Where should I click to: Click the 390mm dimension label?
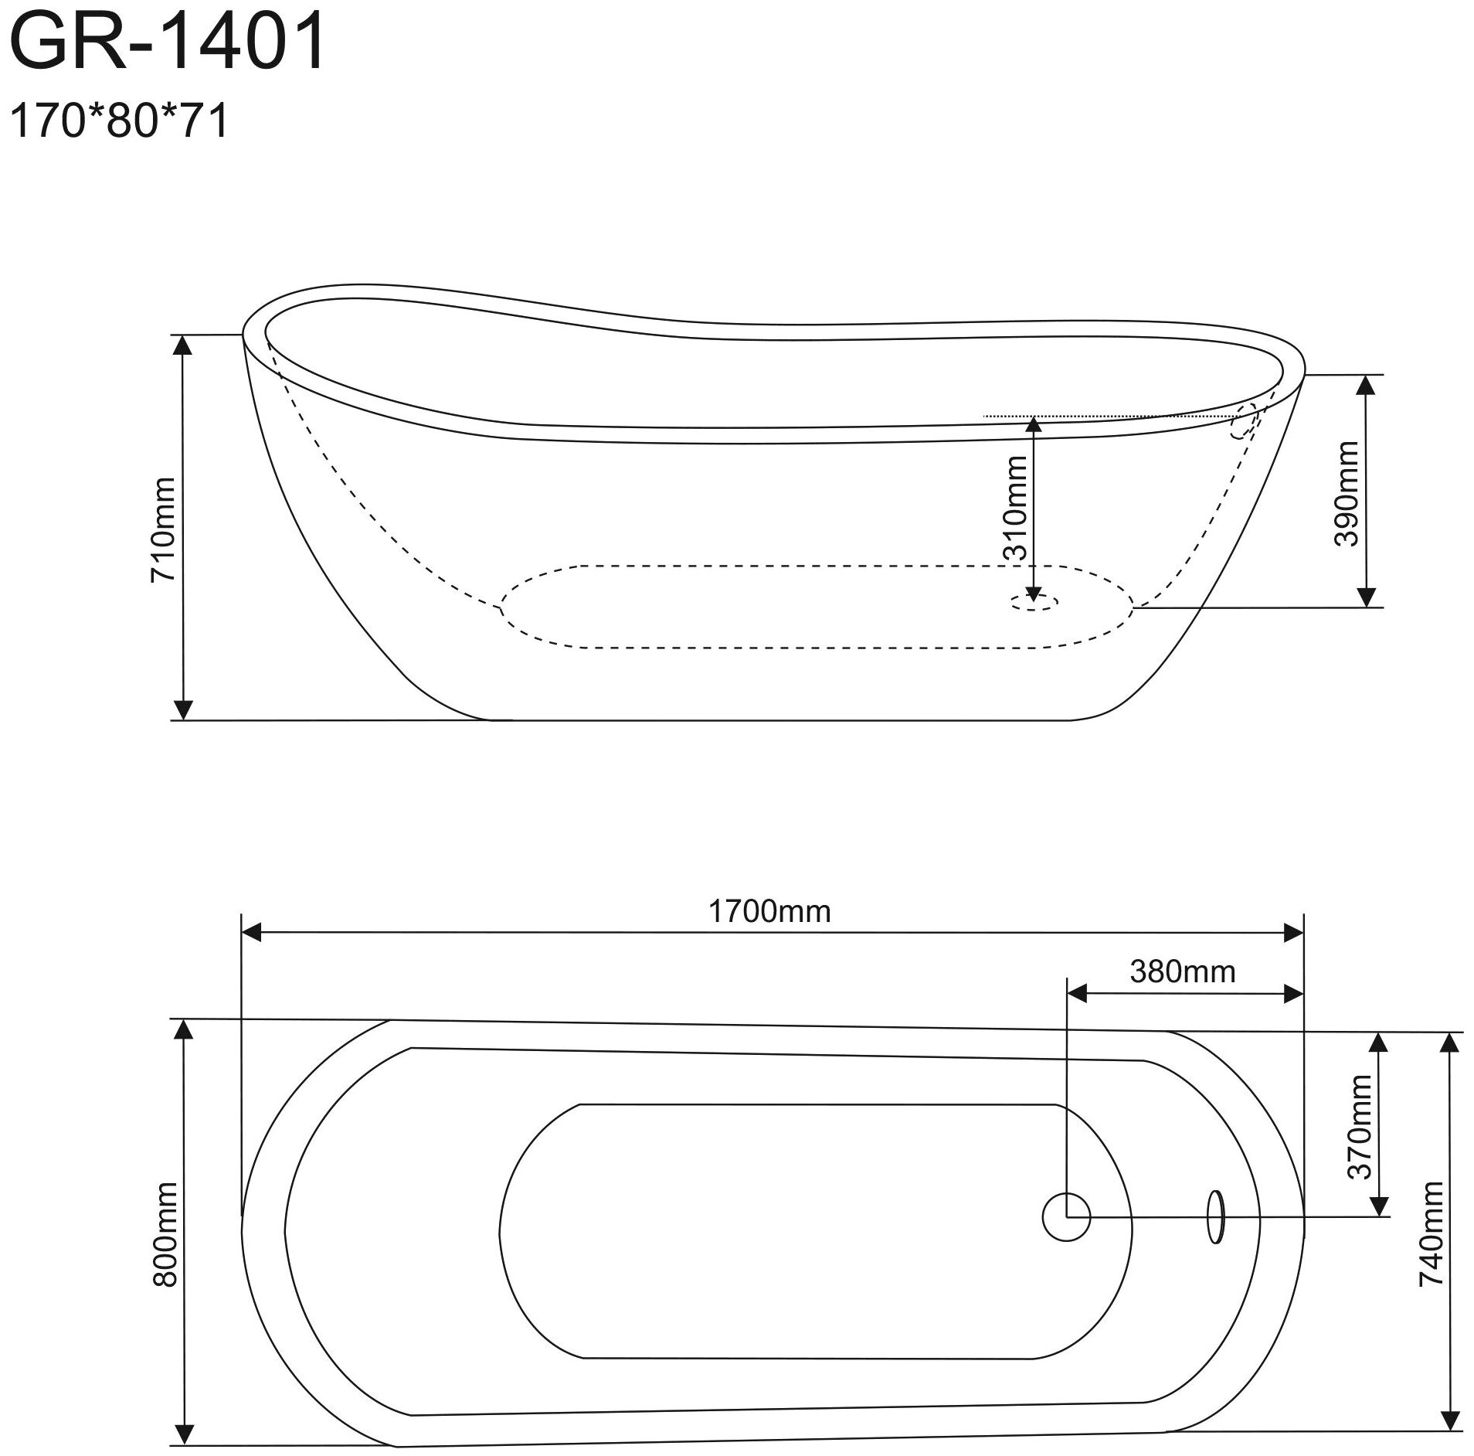[x=1346, y=493]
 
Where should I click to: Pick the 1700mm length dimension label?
[x=769, y=912]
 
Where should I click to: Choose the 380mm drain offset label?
[x=1183, y=971]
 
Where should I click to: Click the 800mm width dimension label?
[x=165, y=1244]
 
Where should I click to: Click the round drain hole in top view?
[x=1066, y=1217]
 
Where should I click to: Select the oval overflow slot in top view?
[x=1215, y=1216]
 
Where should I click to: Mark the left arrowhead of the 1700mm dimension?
[x=253, y=933]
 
